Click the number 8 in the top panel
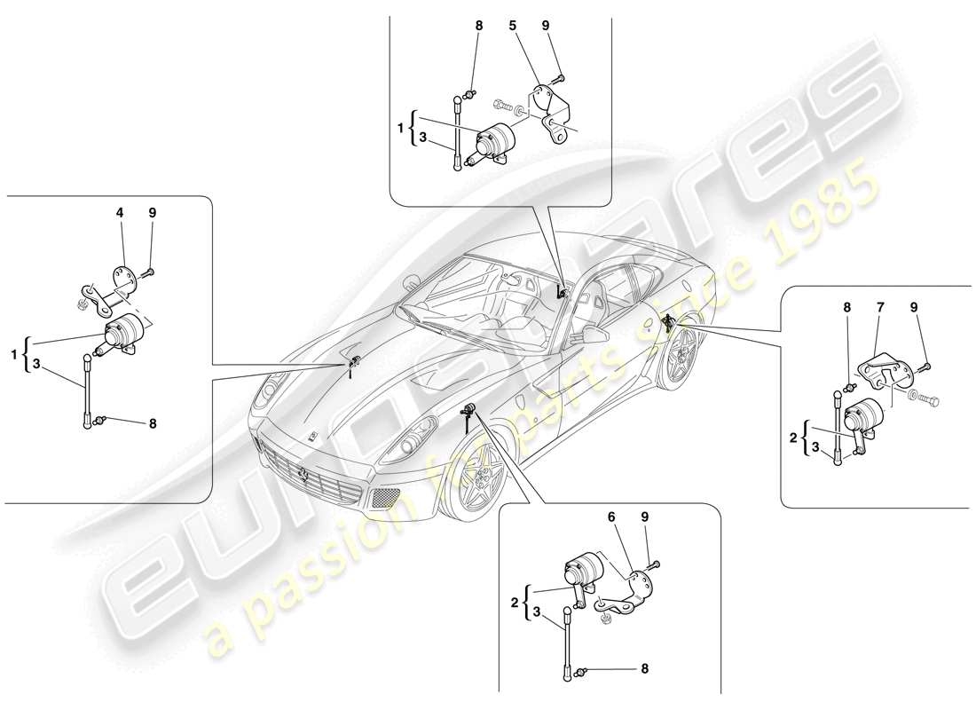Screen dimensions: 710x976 (479, 27)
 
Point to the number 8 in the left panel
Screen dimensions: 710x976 (152, 424)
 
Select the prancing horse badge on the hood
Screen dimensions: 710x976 (314, 436)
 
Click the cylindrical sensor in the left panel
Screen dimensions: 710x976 (124, 334)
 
